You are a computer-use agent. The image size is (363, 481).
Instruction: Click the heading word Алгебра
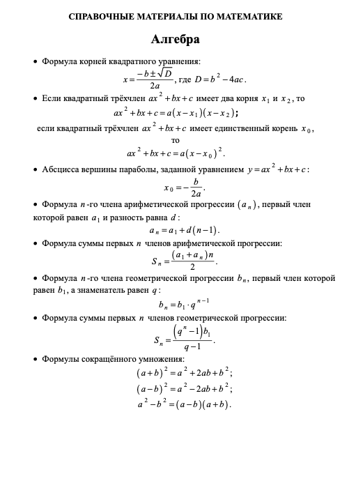click(x=175, y=40)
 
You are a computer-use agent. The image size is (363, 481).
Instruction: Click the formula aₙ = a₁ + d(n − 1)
click(x=184, y=230)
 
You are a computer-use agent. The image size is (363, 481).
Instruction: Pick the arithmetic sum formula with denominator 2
click(x=183, y=261)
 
